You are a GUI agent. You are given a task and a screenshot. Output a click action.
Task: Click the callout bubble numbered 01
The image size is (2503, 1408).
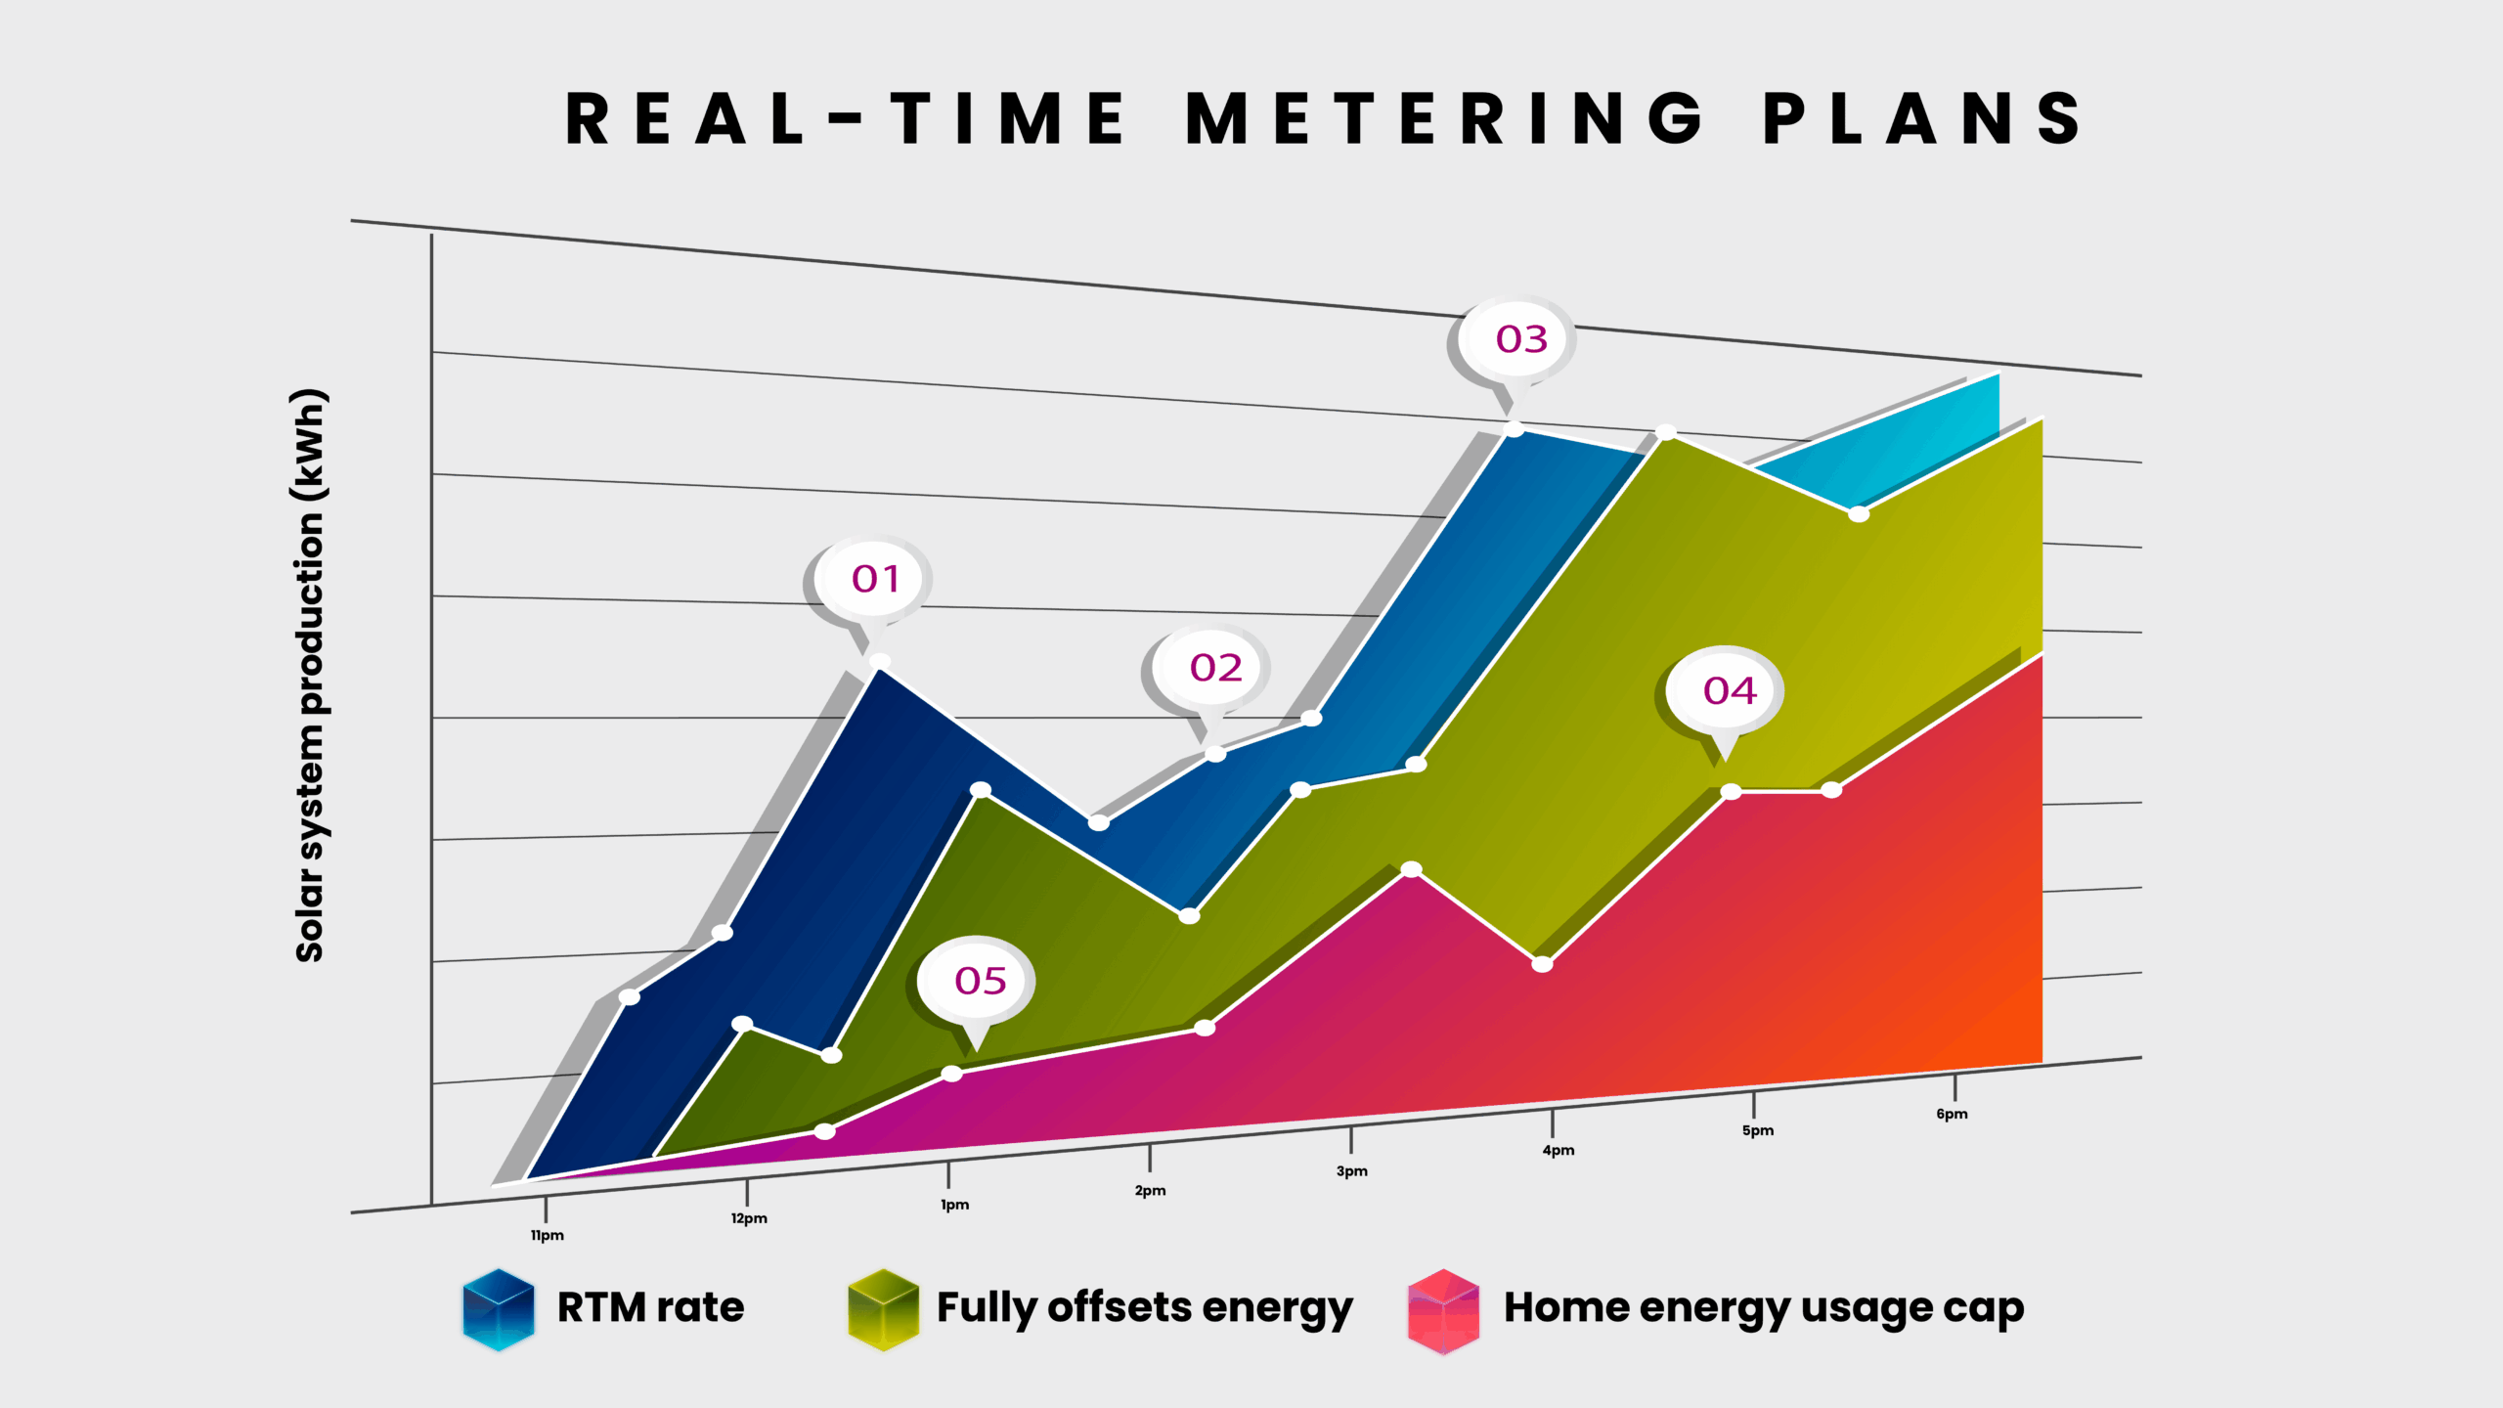pyautogui.click(x=874, y=579)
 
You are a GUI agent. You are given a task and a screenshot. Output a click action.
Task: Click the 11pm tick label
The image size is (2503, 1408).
pyautogui.click(x=547, y=1235)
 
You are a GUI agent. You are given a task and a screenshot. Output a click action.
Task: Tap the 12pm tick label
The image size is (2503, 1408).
pyautogui.click(x=749, y=1218)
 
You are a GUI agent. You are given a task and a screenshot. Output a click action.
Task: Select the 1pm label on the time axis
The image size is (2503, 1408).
pyautogui.click(x=954, y=1205)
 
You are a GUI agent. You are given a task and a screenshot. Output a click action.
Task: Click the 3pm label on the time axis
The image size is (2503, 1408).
pyautogui.click(x=1351, y=1171)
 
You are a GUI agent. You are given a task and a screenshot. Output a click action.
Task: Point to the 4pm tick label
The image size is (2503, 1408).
pyautogui.click(x=1558, y=1150)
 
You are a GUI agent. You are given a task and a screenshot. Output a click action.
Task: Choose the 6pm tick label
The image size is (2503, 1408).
pyautogui.click(x=1952, y=1114)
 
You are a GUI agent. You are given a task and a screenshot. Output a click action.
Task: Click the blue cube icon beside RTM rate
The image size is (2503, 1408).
pyautogui.click(x=499, y=1309)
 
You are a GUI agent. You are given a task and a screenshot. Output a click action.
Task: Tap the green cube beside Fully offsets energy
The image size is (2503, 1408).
pyautogui.click(x=883, y=1309)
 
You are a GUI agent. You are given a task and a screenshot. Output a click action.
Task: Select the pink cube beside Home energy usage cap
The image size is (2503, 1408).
pyautogui.click(x=1443, y=1310)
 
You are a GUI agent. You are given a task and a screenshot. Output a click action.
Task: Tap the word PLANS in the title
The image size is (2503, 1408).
pyautogui.click(x=1922, y=119)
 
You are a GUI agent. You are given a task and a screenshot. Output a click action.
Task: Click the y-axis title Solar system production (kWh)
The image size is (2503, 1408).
pyautogui.click(x=310, y=675)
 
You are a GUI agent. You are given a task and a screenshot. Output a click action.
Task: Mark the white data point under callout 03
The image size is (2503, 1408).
pyautogui.click(x=1514, y=428)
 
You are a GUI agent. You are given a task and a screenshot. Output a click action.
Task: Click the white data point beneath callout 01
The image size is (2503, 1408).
pyautogui.click(x=880, y=662)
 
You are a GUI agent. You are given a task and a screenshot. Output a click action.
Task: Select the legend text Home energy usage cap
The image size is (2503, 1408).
pyautogui.click(x=1763, y=1308)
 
